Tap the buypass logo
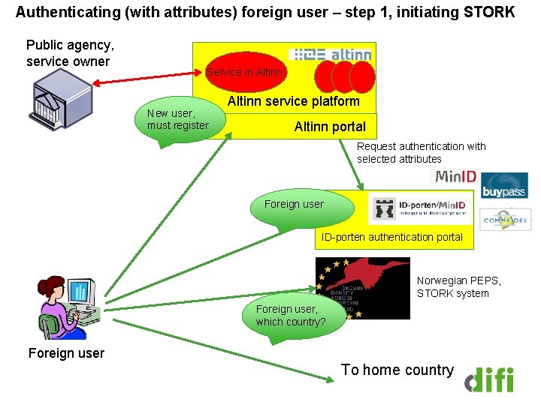pos(504,185)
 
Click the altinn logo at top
pos(331,55)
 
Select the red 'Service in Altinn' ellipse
pos(246,72)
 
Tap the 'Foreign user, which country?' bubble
pos(291,316)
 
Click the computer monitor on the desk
pos(80,293)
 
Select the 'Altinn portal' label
pos(330,127)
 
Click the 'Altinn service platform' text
pos(293,101)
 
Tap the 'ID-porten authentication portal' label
pos(392,237)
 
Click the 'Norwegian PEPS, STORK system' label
pos(458,286)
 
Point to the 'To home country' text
pos(397,370)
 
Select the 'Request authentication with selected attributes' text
pos(421,152)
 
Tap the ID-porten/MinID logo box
pos(421,209)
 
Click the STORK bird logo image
pos(364,289)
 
